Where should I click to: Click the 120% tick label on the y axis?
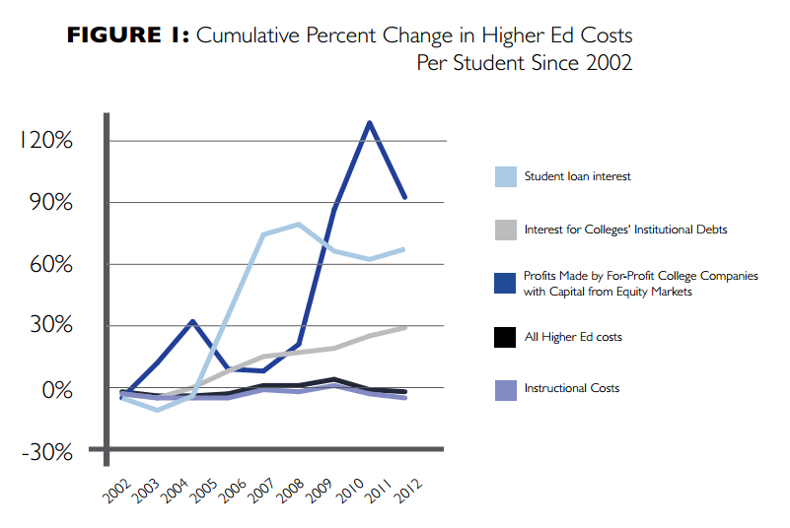click(45, 140)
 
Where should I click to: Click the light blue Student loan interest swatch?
click(506, 176)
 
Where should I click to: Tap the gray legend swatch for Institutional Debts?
click(506, 230)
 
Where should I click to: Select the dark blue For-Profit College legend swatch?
click(506, 283)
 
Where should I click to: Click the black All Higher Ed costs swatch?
click(506, 337)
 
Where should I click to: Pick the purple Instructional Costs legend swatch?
click(506, 389)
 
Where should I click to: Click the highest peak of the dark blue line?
click(369, 123)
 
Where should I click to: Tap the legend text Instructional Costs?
click(572, 389)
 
